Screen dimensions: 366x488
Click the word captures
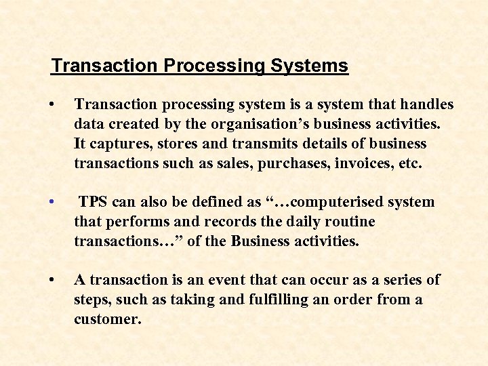pyautogui.click(x=121, y=144)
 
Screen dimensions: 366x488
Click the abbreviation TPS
pyautogui.click(x=93, y=202)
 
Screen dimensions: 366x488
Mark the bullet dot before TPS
pyautogui.click(x=52, y=202)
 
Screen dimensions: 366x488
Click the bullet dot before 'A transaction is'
pyautogui.click(x=52, y=280)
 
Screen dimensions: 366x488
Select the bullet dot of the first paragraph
pyautogui.click(x=52, y=104)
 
